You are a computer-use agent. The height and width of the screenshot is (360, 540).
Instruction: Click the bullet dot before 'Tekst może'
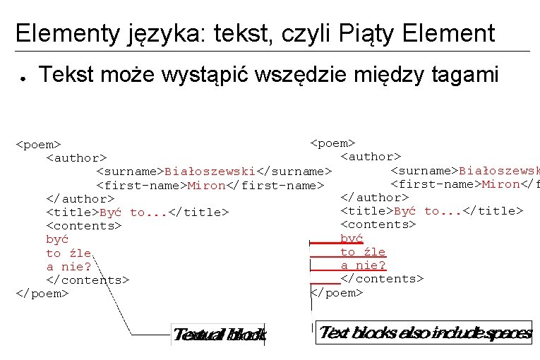[23, 76]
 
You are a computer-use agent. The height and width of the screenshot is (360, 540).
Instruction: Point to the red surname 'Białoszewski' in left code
[210, 172]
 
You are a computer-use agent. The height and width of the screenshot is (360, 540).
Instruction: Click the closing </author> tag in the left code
[80, 199]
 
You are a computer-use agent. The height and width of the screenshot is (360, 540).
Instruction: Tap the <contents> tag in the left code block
[83, 226]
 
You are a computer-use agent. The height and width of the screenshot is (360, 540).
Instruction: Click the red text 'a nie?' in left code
[68, 267]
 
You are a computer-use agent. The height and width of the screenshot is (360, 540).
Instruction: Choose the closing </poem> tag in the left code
[42, 293]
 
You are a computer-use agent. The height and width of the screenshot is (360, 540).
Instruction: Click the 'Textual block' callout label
[219, 335]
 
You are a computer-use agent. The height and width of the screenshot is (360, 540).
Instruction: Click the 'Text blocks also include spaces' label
[424, 333]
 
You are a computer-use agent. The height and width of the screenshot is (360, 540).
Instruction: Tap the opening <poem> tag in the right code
[332, 143]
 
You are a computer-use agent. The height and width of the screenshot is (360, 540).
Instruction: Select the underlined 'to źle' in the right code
[363, 252]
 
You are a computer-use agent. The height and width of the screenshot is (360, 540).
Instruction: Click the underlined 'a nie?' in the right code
[363, 265]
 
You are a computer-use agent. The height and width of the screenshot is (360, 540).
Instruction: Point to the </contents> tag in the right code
[382, 279]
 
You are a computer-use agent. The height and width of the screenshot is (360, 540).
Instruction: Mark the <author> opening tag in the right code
[371, 157]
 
